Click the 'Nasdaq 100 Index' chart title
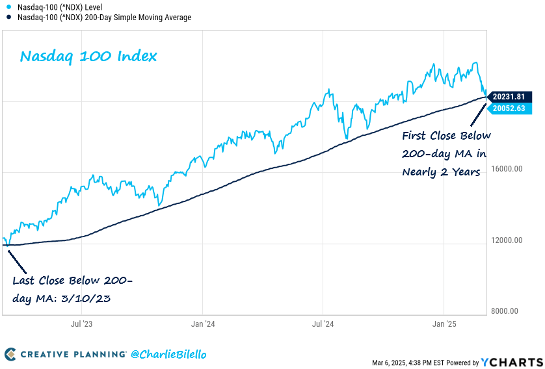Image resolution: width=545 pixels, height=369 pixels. [88, 57]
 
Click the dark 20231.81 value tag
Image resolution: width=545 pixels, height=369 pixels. [509, 96]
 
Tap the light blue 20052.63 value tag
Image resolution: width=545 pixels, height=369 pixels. [509, 108]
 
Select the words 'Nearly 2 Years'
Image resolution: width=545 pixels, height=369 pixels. [441, 172]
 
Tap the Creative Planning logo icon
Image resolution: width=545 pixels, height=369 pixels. [10, 354]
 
